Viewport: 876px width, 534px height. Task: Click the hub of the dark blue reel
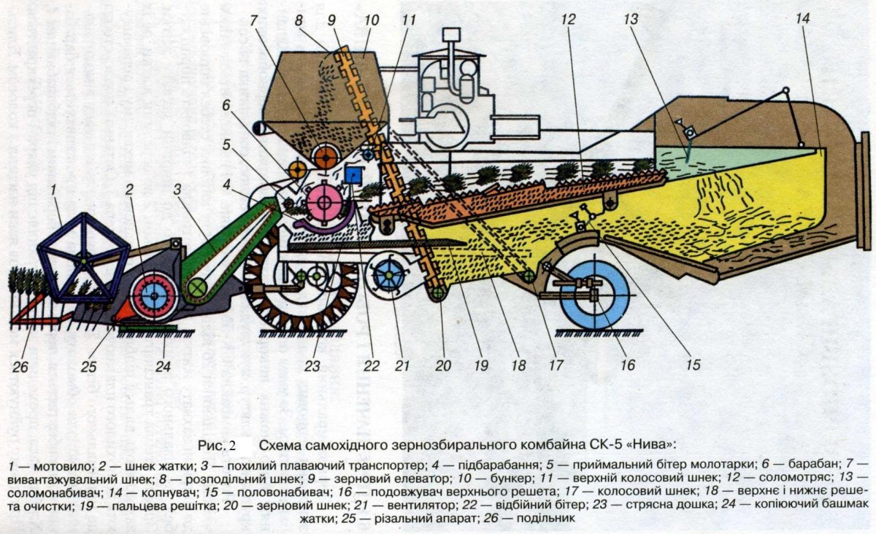83,260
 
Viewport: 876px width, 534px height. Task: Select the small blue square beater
354,174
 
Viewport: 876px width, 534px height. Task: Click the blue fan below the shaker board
387,278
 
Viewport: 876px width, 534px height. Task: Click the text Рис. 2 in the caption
218,444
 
